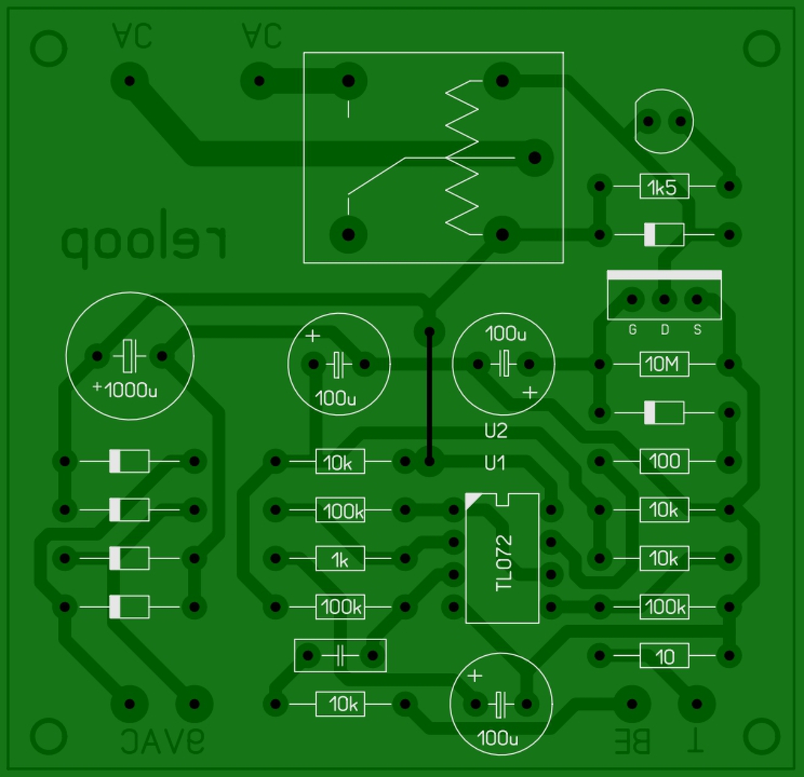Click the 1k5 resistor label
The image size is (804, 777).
click(x=663, y=187)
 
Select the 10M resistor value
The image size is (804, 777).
click(x=663, y=364)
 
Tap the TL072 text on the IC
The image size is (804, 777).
click(x=504, y=562)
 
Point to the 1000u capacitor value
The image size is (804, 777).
click(x=131, y=390)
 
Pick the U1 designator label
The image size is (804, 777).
click(x=495, y=463)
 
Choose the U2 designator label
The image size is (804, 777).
click(x=496, y=431)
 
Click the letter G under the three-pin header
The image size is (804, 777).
click(x=633, y=330)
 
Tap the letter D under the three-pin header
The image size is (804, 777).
click(x=665, y=330)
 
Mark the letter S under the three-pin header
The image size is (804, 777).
click(x=697, y=330)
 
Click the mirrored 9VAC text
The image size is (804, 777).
click(x=163, y=742)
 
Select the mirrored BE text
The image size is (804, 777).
click(x=632, y=742)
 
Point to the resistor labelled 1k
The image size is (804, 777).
click(x=340, y=559)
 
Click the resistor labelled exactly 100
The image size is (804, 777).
click(x=664, y=462)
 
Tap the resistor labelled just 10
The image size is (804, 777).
click(x=664, y=656)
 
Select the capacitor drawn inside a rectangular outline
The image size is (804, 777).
click(x=340, y=656)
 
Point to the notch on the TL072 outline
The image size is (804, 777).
click(x=503, y=499)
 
